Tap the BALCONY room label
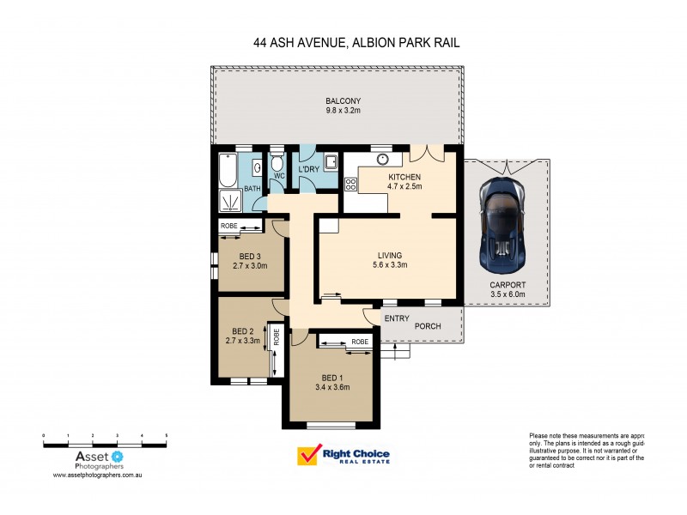pyautogui.click(x=336, y=100)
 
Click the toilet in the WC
pyautogui.click(x=277, y=164)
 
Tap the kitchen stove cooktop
pyautogui.click(x=350, y=184)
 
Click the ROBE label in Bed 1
pyautogui.click(x=360, y=342)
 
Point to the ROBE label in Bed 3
pyautogui.click(x=229, y=226)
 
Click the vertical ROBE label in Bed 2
pyautogui.click(x=276, y=337)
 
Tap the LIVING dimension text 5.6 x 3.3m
pyautogui.click(x=384, y=265)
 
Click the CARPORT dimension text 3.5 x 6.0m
pyautogui.click(x=508, y=294)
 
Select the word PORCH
pyautogui.click(x=429, y=326)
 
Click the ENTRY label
pyautogui.click(x=396, y=318)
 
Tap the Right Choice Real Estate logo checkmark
pyautogui.click(x=307, y=455)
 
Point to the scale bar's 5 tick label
pyautogui.click(x=166, y=436)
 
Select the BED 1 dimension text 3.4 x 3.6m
pyautogui.click(x=335, y=387)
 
